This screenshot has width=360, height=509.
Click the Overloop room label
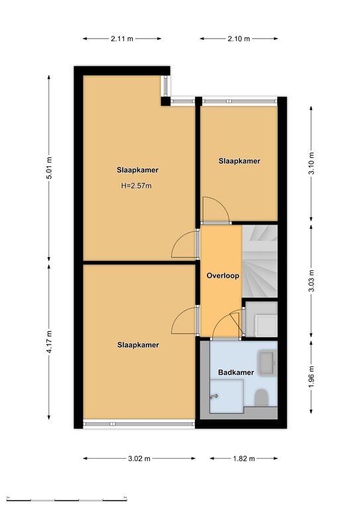[223, 276]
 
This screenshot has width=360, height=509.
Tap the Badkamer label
[235, 372]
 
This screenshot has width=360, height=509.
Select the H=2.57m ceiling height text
[137, 186]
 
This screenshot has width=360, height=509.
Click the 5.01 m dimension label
[49, 168]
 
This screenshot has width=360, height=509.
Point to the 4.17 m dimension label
[49, 342]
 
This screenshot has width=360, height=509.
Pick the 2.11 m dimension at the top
[122, 38]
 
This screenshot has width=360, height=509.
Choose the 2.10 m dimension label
[239, 38]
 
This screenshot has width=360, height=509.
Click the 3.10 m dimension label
[311, 163]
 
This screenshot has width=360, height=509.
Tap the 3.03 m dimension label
[311, 281]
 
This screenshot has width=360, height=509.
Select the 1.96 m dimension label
[311, 376]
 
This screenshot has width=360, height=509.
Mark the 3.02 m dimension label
[139, 459]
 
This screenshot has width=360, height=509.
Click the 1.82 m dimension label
[244, 459]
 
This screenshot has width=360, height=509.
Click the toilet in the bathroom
[261, 398]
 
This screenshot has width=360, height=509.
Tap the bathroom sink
[267, 364]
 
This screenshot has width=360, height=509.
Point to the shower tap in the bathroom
[214, 396]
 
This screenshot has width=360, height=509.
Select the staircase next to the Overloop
[260, 261]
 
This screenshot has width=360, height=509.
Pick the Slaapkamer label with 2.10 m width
[239, 161]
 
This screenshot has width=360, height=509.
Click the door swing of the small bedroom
[216, 210]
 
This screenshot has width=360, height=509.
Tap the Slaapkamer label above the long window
[138, 345]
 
